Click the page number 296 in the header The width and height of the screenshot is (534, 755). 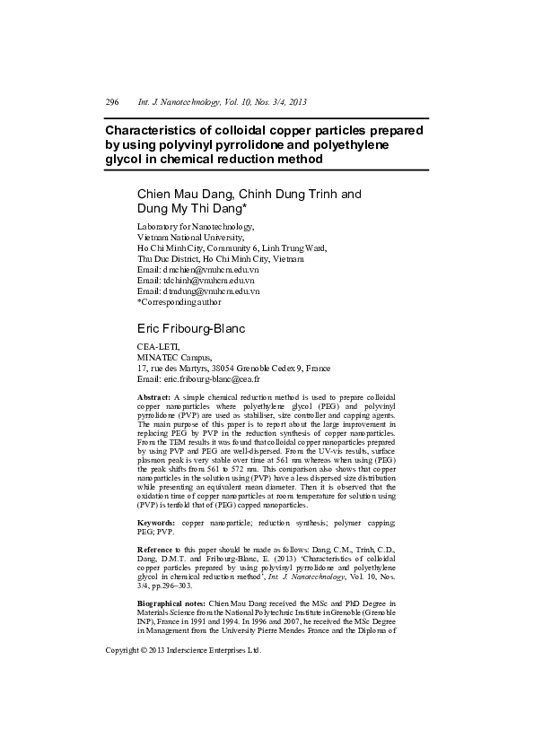(x=112, y=103)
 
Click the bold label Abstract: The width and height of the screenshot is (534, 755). (x=153, y=395)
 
